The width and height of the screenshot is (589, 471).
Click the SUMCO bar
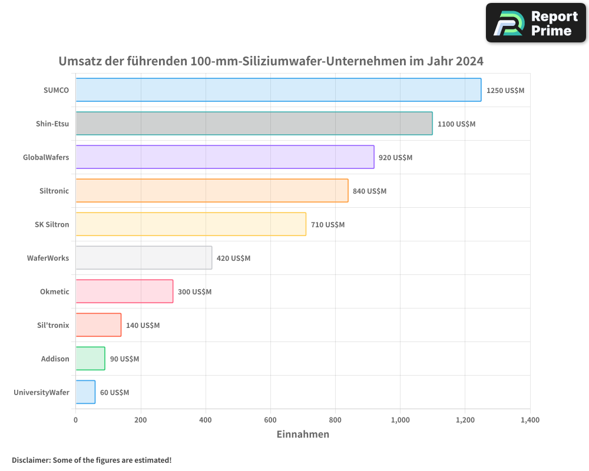click(278, 90)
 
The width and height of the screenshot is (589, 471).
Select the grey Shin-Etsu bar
click(254, 124)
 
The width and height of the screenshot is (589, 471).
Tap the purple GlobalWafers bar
click(224, 157)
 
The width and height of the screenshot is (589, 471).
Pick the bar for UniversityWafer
click(85, 392)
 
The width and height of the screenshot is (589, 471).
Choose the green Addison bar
click(90, 359)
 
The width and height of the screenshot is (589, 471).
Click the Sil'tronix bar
click(98, 325)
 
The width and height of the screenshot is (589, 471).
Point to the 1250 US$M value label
click(505, 91)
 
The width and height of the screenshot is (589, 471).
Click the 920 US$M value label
click(395, 158)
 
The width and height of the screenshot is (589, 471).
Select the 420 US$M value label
click(233, 258)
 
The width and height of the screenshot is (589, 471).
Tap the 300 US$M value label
click(194, 292)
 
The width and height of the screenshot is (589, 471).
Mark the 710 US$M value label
click(327, 225)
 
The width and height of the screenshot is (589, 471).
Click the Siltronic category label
click(54, 191)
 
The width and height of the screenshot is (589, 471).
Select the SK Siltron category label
click(52, 224)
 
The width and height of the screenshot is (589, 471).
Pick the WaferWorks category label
click(48, 258)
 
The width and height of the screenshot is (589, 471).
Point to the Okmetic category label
click(54, 291)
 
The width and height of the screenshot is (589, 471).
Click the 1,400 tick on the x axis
click(530, 420)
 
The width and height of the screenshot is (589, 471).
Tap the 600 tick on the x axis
click(270, 420)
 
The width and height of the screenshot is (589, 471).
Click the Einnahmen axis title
click(303, 434)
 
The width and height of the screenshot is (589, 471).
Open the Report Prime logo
click(536, 23)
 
